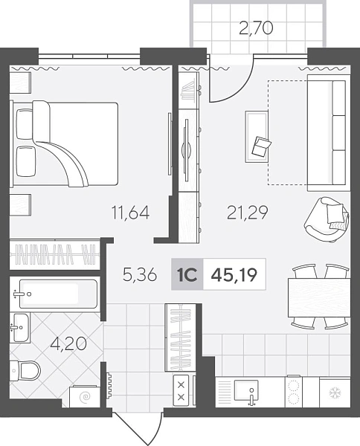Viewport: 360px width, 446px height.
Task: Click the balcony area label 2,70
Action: (x=256, y=28)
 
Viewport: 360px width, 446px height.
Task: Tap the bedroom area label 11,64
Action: (x=131, y=213)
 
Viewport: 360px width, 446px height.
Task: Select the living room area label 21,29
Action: (x=247, y=213)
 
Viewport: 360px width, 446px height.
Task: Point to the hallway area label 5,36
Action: (x=140, y=275)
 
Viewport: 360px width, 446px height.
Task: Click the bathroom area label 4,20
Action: (x=68, y=343)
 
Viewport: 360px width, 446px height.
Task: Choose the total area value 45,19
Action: (x=234, y=275)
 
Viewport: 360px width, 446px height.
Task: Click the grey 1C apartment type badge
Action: (x=187, y=274)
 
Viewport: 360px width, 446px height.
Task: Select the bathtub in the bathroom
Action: (x=58, y=294)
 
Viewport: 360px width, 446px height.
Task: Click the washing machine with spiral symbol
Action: (x=85, y=395)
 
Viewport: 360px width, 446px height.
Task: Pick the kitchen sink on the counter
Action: (x=246, y=390)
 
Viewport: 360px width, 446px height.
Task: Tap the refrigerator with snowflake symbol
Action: (x=335, y=392)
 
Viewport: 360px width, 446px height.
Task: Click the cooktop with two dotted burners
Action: (x=294, y=392)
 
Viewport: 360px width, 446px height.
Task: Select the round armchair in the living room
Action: (x=326, y=219)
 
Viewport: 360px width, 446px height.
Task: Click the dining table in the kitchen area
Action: (x=319, y=297)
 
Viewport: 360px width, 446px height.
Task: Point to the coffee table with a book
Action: (x=257, y=137)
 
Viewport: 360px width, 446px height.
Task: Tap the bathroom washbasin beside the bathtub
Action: (x=21, y=328)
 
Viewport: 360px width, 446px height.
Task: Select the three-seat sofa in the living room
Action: (x=329, y=133)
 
